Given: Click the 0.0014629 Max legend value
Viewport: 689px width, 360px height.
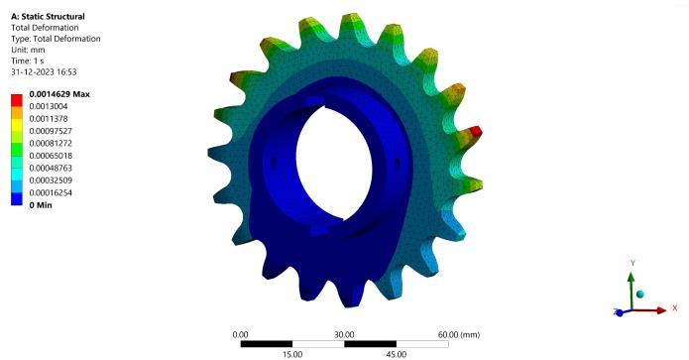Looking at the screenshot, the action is (59, 94).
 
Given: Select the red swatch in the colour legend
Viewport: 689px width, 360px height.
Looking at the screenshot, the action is (17, 100).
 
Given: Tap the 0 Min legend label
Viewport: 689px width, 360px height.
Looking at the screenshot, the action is (41, 205).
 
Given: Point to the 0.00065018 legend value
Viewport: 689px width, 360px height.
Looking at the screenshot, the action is (51, 156).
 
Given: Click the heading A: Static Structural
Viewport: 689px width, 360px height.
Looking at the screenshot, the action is (48, 16).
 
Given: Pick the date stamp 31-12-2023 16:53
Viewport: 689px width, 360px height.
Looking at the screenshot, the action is (44, 71).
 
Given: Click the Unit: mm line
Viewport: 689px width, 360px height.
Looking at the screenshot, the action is (28, 50).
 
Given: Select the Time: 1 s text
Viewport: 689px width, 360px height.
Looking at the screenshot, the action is (27, 60).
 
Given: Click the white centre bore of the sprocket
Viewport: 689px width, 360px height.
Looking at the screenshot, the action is (334, 163).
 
